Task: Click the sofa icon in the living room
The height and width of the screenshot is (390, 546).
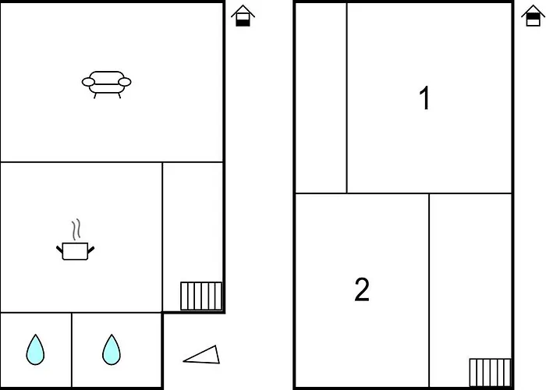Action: [107, 84]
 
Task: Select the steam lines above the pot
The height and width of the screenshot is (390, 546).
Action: [76, 229]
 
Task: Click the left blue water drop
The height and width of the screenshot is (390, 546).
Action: [35, 350]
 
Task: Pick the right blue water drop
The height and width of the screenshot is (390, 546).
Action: [112, 350]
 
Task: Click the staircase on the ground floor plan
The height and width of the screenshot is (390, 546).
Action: [201, 296]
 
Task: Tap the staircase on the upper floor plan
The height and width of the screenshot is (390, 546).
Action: [491, 373]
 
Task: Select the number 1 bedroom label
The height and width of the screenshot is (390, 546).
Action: [425, 98]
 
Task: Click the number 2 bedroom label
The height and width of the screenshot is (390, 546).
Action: [362, 289]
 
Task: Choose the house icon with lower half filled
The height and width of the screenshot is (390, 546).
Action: [243, 16]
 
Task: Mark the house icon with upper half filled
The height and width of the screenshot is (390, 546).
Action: [533, 16]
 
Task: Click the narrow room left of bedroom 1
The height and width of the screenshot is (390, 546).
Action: [321, 97]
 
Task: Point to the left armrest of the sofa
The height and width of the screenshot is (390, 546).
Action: [88, 82]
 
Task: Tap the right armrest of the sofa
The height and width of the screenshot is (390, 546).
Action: [125, 82]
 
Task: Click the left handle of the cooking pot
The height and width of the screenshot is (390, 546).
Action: [59, 250]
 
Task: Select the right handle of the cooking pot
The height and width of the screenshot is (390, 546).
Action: [91, 250]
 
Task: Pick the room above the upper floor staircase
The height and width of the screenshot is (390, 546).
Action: [470, 275]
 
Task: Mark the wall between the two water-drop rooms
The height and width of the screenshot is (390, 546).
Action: [72, 349]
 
